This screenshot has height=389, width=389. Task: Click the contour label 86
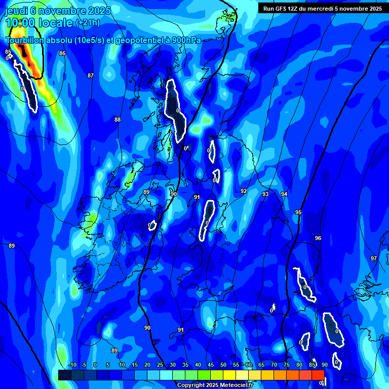[x=62, y=53]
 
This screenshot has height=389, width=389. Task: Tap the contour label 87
[x=90, y=75]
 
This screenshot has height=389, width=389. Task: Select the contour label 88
[x=118, y=120]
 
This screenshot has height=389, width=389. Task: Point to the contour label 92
[x=244, y=191]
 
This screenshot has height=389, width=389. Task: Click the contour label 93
[x=265, y=194]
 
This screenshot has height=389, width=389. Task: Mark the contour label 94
[x=284, y=194]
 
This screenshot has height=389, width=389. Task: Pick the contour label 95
[x=298, y=213]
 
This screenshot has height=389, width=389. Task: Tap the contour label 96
[x=318, y=238]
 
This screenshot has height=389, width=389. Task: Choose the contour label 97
[x=374, y=259]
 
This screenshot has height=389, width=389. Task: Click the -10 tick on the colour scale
[x=72, y=365]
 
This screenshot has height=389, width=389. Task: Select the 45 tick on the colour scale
[x=210, y=365]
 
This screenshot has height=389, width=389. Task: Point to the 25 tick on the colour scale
[x=160, y=365]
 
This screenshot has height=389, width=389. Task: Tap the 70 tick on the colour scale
[x=274, y=365]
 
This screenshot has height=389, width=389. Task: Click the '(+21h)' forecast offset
[x=88, y=23]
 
